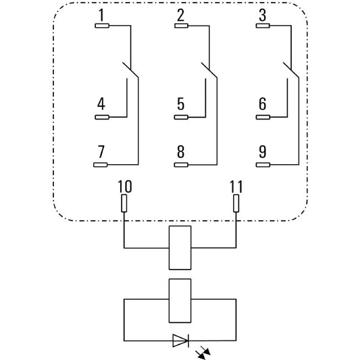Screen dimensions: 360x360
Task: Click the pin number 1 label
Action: pyautogui.click(x=101, y=16)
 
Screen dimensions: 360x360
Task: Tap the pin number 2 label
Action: pyautogui.click(x=181, y=16)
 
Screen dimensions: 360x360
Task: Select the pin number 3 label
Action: pyautogui.click(x=263, y=16)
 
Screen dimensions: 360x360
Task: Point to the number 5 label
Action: pyautogui.click(x=181, y=104)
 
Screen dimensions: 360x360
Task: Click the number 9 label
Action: pyautogui.click(x=263, y=151)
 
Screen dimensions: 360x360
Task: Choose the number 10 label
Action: pyautogui.click(x=125, y=186)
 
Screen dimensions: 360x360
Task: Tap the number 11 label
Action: pyautogui.click(x=236, y=186)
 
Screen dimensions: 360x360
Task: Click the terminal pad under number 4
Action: pyautogui.click(x=102, y=118)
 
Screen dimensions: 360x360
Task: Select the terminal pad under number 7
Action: pyautogui.click(x=101, y=165)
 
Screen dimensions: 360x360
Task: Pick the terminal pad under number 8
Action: pyautogui.click(x=181, y=165)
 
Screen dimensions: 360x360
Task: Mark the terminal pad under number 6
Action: pyautogui.click(x=263, y=118)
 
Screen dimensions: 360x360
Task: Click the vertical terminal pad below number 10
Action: pyautogui.click(x=124, y=203)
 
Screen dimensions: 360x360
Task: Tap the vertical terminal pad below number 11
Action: pyautogui.click(x=236, y=203)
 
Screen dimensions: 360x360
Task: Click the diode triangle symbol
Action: pyautogui.click(x=181, y=340)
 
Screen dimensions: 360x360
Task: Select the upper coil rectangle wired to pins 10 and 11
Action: pyautogui.click(x=180, y=248)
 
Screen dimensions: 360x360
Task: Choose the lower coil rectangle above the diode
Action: pyautogui.click(x=180, y=301)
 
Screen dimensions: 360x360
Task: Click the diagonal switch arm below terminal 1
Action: pyautogui.click(x=130, y=70)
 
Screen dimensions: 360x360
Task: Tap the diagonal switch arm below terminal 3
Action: pyautogui.click(x=291, y=70)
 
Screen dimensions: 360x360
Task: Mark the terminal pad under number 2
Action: pyautogui.click(x=182, y=26)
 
